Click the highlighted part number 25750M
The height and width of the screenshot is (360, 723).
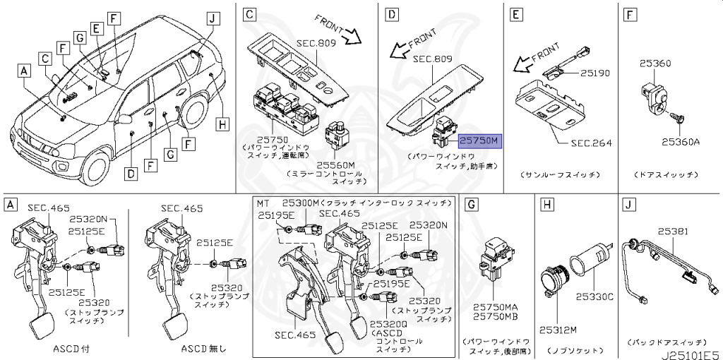coord(479,140)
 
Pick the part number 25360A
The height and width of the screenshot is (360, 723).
coord(680,141)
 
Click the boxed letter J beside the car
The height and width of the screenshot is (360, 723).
coord(210,19)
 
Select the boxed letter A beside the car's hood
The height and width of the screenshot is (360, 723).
coord(23,71)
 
